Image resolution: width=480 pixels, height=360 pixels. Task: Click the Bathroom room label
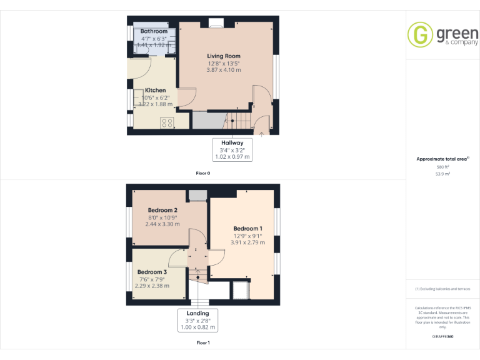(154, 31)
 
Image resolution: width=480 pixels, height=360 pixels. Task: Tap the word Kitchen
(156, 91)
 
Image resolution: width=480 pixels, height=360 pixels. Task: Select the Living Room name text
(223, 56)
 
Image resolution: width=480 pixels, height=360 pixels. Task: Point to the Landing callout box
(197, 320)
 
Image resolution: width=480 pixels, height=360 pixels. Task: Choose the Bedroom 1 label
(247, 229)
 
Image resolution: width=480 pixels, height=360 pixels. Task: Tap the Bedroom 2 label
(162, 210)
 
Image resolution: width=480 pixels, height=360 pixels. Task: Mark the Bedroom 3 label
(152, 272)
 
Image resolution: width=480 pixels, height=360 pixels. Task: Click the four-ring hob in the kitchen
(167, 122)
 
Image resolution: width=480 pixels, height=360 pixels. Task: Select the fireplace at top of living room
(216, 24)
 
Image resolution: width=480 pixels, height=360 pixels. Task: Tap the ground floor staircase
(237, 122)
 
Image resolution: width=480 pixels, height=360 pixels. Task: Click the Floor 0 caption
(203, 173)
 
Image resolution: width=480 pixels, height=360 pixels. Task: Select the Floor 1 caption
(203, 343)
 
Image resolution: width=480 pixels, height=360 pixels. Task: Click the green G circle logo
(420, 35)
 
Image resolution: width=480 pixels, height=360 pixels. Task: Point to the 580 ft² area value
(442, 167)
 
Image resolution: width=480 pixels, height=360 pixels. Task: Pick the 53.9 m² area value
(442, 174)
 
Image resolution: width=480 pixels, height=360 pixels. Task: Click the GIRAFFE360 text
(442, 336)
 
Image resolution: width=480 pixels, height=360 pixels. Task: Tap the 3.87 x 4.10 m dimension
(223, 70)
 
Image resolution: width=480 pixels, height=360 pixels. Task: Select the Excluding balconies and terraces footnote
(442, 289)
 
